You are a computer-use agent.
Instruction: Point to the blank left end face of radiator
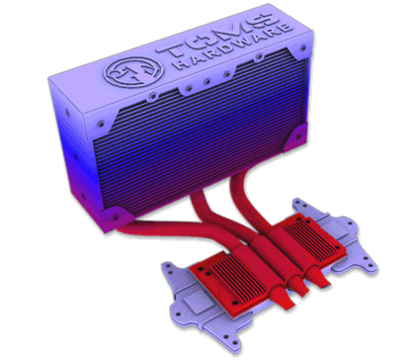73,138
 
